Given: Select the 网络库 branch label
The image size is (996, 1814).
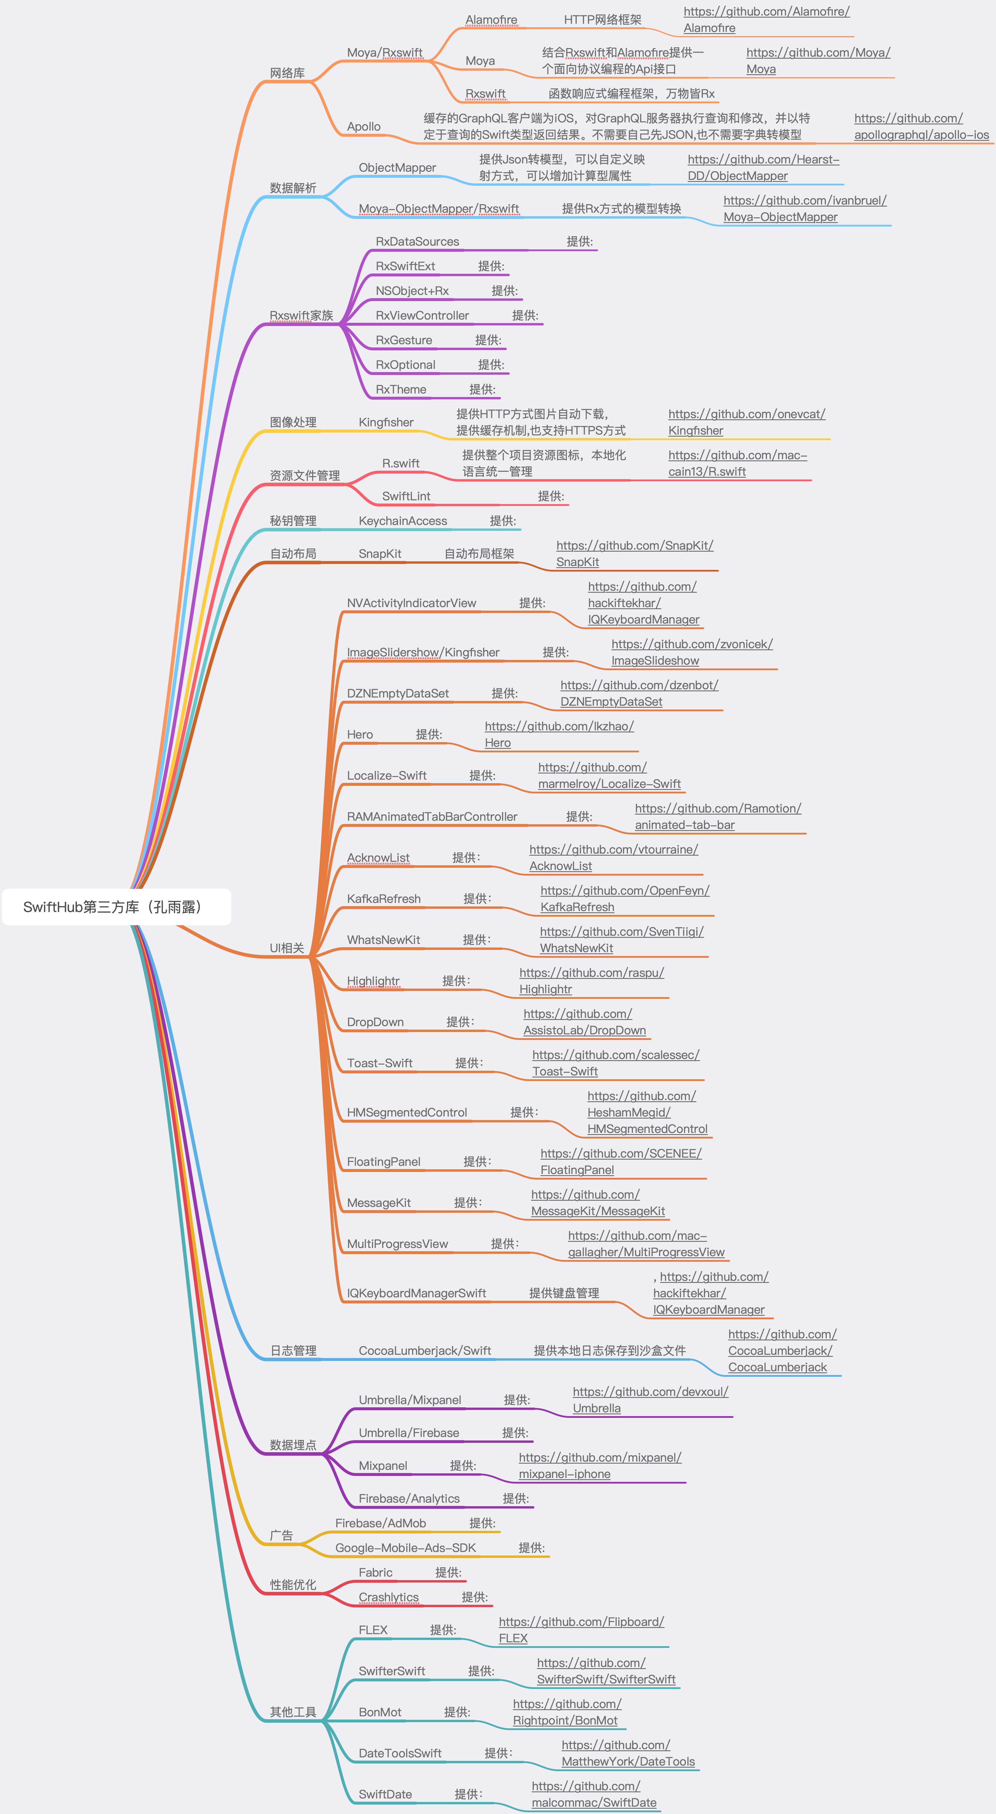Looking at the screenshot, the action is coord(287,73).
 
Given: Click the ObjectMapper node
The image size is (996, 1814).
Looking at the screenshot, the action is coord(397,168).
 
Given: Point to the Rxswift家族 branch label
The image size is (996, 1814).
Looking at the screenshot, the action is coord(301,315).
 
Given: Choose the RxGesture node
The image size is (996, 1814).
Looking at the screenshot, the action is coord(403,340).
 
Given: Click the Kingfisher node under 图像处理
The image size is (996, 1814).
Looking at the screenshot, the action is coord(386,423).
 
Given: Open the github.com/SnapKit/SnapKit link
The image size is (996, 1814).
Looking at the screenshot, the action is coord(634,553).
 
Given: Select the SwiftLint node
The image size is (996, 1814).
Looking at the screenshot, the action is coord(406,496).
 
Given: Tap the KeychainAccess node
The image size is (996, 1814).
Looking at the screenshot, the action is coord(403,521).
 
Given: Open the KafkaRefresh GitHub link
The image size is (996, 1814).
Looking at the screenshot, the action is coord(624,898).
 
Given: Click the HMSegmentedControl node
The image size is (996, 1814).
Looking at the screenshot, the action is coord(407,1113).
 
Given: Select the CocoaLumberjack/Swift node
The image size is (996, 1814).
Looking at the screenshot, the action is coord(424,1351).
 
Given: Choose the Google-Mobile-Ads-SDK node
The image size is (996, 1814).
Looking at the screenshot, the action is coord(405,1548).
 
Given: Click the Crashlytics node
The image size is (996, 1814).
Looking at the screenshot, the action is coord(389,1597).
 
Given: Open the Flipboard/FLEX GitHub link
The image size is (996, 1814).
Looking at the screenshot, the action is coord(581,1629).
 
